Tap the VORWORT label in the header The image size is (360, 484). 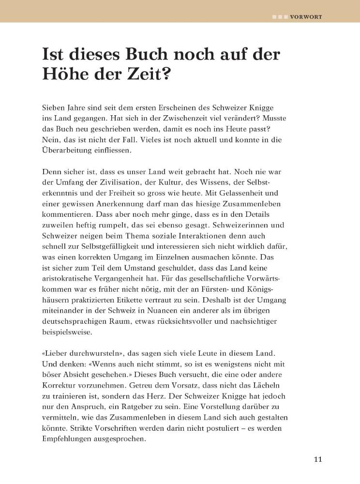306,16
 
